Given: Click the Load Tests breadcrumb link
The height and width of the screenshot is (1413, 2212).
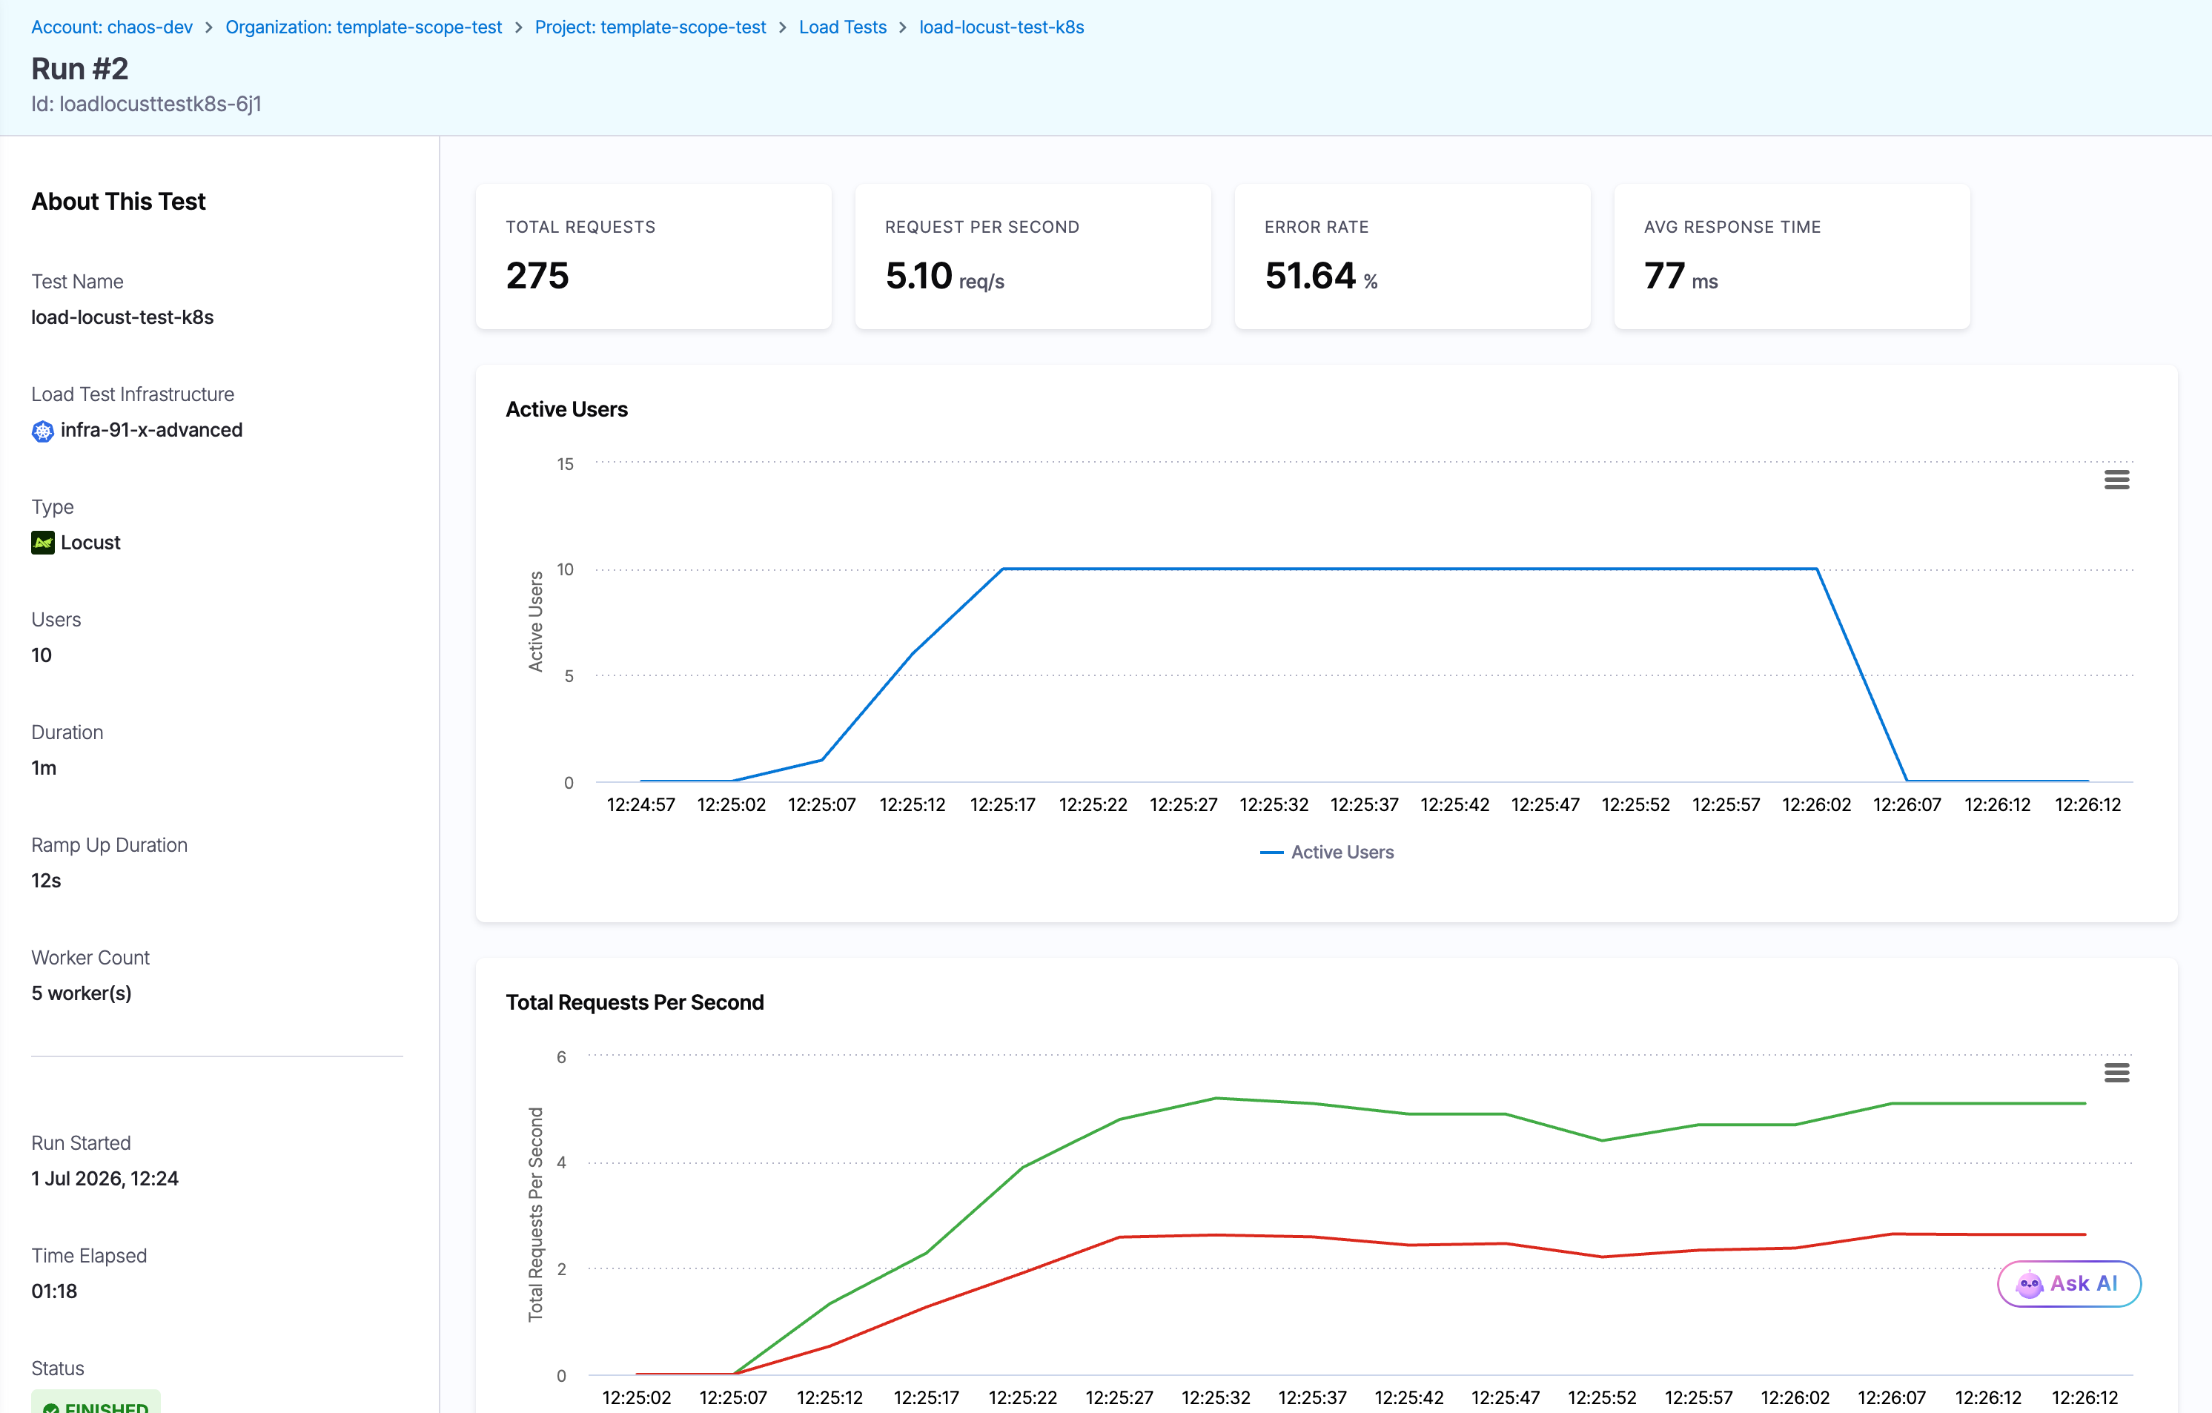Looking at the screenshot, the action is [x=842, y=27].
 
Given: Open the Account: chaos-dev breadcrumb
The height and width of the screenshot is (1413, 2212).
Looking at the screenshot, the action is [x=112, y=27].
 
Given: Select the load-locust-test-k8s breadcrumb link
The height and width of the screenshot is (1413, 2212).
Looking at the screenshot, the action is [x=1001, y=27].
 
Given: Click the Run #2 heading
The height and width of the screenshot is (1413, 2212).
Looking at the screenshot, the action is [x=80, y=69].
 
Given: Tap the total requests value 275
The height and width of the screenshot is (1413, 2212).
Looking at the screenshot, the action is [x=537, y=276].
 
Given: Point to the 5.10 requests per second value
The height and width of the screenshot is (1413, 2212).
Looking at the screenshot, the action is [x=918, y=276].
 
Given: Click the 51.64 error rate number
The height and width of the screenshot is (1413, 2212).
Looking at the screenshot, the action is [x=1310, y=276].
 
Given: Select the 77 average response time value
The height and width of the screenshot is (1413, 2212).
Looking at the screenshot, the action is [x=1664, y=276].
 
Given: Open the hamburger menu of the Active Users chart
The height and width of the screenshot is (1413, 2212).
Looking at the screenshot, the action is [x=2116, y=480].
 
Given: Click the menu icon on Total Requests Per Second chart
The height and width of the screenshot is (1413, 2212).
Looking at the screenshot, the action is [x=2116, y=1072].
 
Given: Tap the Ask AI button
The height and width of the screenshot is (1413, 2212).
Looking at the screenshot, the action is [x=2069, y=1283].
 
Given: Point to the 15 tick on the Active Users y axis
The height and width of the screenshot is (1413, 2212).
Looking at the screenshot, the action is [x=565, y=464].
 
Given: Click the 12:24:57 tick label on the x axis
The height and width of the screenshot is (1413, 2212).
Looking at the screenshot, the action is [x=641, y=805].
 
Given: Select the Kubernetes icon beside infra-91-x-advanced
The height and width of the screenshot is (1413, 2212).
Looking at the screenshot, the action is [x=43, y=431].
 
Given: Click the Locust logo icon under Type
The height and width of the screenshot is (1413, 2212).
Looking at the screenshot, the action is [x=43, y=543].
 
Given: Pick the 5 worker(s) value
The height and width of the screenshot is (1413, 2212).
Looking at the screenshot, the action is [x=82, y=993].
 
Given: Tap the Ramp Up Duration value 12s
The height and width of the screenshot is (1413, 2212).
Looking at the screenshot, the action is [x=46, y=880].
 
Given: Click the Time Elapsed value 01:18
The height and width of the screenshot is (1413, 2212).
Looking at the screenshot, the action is [x=54, y=1291].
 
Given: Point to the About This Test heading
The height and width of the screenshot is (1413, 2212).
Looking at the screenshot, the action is [x=119, y=201].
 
